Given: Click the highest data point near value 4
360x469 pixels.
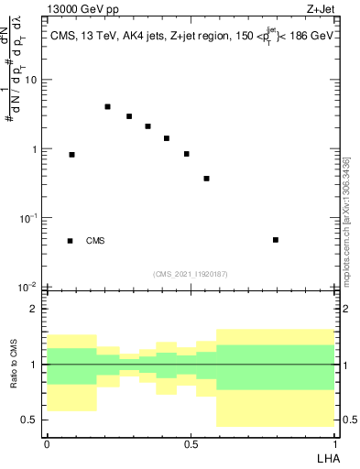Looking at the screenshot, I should pyautogui.click(x=107, y=107).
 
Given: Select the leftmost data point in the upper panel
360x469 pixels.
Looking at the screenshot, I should pyautogui.click(x=72, y=155).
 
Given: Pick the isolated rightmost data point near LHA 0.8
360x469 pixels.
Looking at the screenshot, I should pyautogui.click(x=276, y=240).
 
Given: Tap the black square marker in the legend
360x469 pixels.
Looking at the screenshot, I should pyautogui.click(x=70, y=241).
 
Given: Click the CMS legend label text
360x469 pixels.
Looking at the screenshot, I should pyautogui.click(x=95, y=241).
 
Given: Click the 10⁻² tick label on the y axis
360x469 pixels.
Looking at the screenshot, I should pyautogui.click(x=30, y=287).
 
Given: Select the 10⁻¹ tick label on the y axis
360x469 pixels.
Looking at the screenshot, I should pyautogui.click(x=30, y=218).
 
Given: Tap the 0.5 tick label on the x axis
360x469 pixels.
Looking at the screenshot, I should pyautogui.click(x=191, y=443).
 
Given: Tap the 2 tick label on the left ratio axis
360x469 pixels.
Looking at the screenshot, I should pyautogui.click(x=33, y=310).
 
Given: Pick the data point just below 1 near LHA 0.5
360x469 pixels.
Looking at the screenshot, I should pyautogui.click(x=187, y=154).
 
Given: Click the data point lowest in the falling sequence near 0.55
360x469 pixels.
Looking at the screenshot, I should pyautogui.click(x=207, y=179).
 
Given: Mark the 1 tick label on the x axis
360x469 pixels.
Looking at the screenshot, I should pyautogui.click(x=334, y=443).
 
